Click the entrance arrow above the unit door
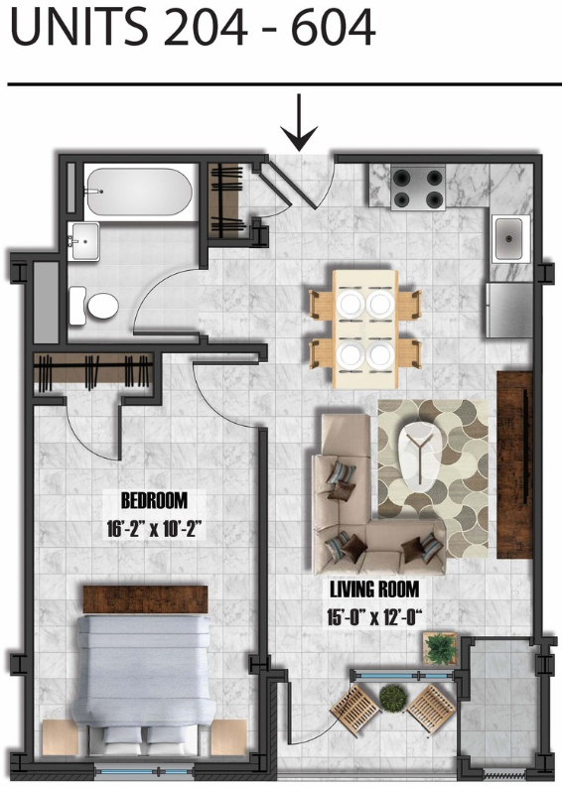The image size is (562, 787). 299,122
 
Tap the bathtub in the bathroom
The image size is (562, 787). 139,192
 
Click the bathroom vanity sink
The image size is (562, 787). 85,241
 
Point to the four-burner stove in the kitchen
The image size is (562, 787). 418,189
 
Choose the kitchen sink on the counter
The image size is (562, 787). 510,238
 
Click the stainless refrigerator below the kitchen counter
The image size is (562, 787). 508,310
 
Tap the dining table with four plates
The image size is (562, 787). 365,329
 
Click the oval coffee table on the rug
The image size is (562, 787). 418,456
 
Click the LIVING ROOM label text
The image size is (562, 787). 374,589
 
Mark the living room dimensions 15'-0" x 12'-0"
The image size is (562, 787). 374,617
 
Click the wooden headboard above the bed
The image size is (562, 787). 146,599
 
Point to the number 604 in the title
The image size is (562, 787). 333,27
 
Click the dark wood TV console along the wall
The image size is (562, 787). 514,464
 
